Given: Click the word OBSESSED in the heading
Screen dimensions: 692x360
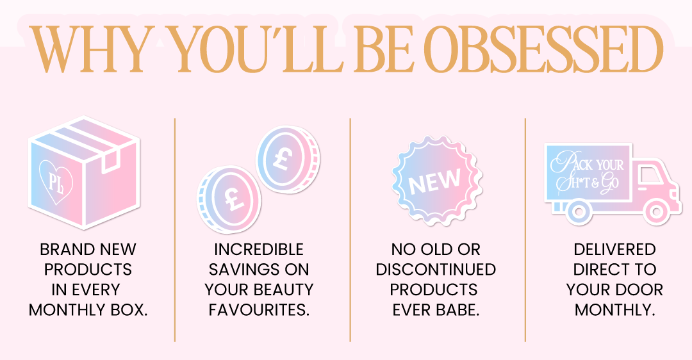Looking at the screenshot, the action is [543, 49].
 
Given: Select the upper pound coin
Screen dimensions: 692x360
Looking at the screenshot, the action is [288, 159].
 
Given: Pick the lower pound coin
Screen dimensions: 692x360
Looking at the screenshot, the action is [229, 199].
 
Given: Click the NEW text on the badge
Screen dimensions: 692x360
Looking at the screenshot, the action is [434, 181].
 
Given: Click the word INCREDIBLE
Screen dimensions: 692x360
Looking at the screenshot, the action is [259, 250].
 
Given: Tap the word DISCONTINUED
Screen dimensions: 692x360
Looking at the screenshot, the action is [436, 270].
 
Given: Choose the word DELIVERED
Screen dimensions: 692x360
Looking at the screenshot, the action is [614, 250].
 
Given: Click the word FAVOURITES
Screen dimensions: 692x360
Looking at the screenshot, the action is [259, 309].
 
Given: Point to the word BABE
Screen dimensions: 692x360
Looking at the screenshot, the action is [457, 309].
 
